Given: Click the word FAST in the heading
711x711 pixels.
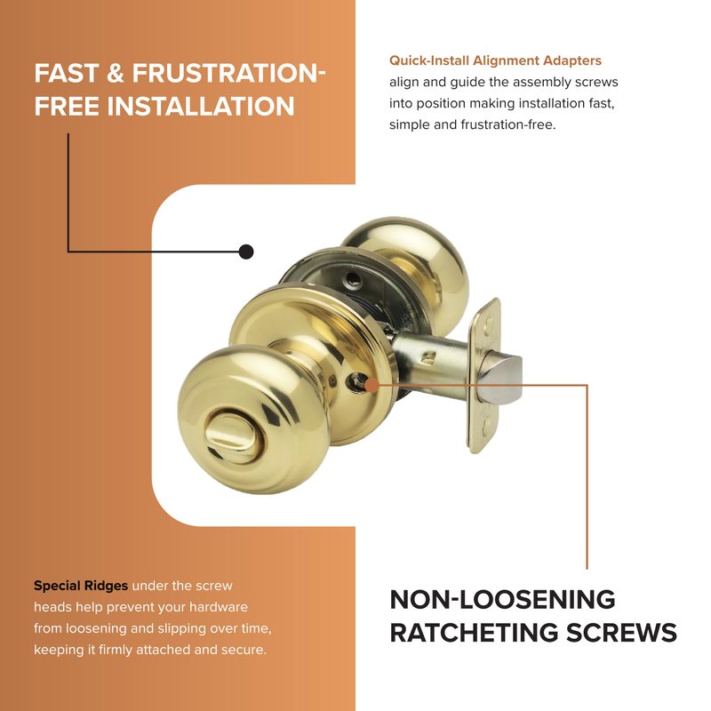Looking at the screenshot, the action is point(66,74).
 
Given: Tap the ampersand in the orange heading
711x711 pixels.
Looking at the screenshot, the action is point(116,74).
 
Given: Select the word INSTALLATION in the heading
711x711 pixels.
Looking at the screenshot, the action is point(201,107).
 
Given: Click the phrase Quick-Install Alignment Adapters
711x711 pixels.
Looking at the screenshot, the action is point(495,60).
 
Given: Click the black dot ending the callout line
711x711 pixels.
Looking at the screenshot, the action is point(246,252).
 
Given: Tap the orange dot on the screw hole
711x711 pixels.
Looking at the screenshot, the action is point(371,386).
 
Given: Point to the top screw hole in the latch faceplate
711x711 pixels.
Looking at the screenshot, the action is point(488,324).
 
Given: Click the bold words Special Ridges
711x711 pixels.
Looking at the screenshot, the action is point(81,586).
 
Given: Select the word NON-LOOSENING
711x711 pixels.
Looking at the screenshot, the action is point(502,599).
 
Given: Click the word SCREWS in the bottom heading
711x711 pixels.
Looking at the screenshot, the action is point(621,633).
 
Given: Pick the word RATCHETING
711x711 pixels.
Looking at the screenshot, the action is point(475,633).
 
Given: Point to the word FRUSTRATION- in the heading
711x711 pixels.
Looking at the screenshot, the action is point(229,74).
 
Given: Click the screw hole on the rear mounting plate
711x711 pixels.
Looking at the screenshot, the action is point(353,282).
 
